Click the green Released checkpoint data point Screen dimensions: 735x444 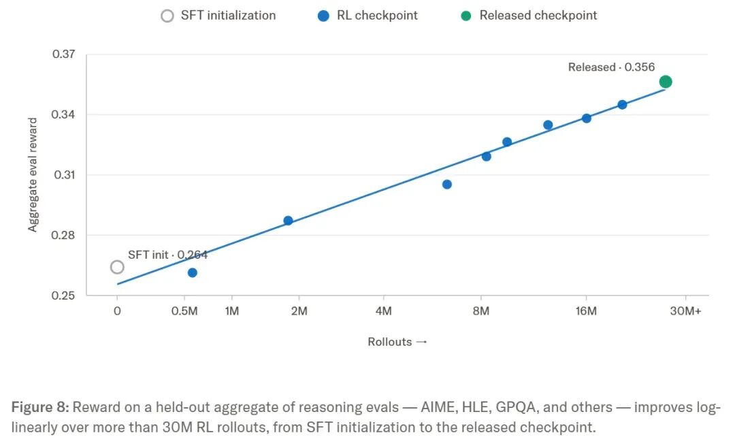665,82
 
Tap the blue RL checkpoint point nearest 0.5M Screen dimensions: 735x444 192,272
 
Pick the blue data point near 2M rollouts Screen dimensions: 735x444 289,221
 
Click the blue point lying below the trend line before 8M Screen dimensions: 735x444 447,185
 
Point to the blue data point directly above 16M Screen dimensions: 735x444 587,118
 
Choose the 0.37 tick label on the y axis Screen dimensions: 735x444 64,54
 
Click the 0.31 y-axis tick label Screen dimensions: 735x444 64,175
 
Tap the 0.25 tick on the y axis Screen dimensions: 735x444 63,296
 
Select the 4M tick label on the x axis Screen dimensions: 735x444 383,311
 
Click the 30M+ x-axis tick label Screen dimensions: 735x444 685,311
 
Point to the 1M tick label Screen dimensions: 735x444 232,311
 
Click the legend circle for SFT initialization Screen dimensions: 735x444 167,16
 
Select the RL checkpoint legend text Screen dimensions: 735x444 377,16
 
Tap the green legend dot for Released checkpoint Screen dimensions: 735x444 466,16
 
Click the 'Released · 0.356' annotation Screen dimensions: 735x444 611,67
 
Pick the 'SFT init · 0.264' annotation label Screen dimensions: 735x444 167,255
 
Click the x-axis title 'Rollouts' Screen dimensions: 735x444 389,342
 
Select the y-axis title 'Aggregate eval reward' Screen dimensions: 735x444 33,175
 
